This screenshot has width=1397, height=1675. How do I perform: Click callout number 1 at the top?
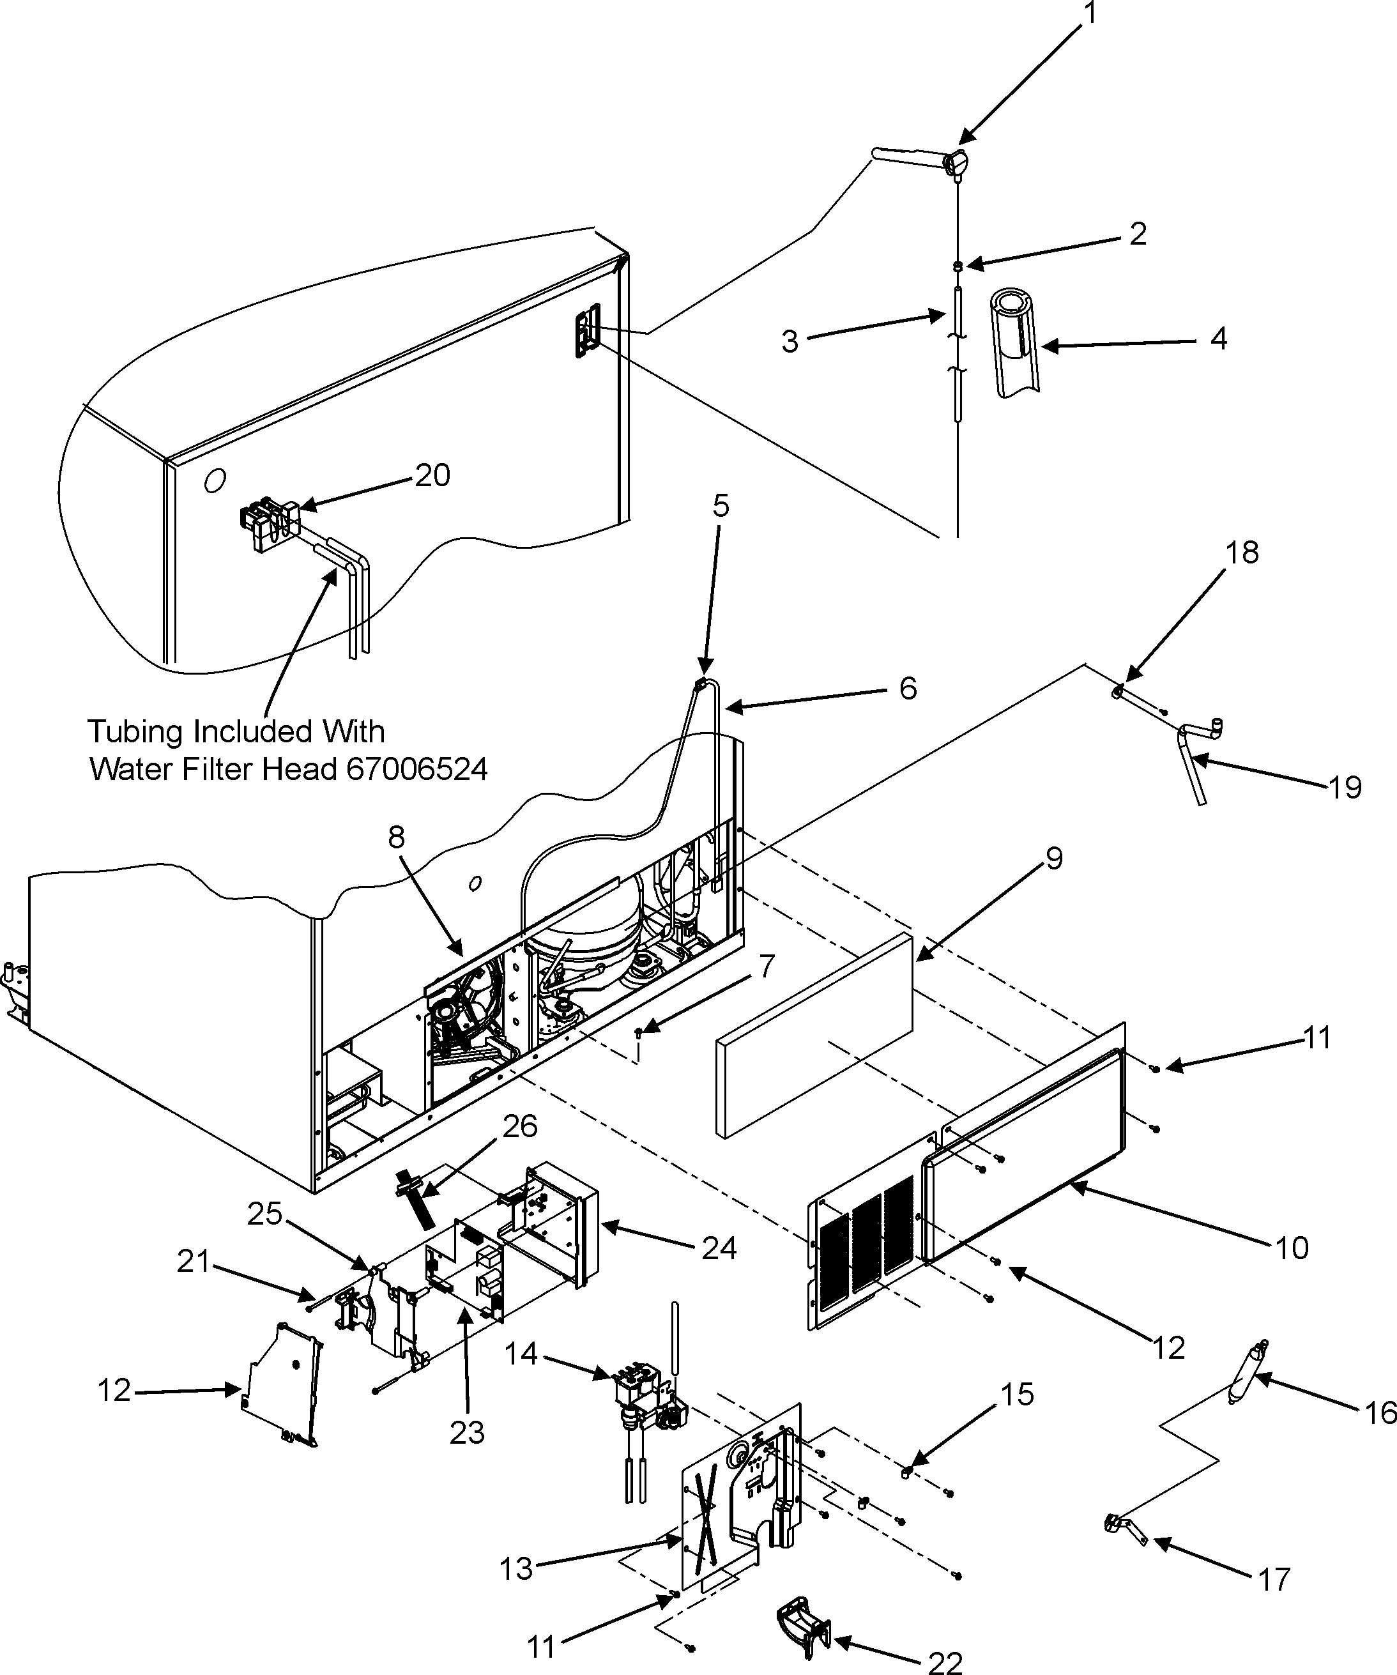[1089, 14]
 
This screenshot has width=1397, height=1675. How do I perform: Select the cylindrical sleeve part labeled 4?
[1014, 344]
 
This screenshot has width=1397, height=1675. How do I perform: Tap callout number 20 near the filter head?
[433, 475]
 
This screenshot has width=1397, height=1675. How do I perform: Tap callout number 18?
[1242, 553]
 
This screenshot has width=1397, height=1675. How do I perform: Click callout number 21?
[192, 1262]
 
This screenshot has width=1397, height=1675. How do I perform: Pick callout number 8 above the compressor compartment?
[396, 837]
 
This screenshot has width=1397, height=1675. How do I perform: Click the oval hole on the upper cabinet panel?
[215, 480]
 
